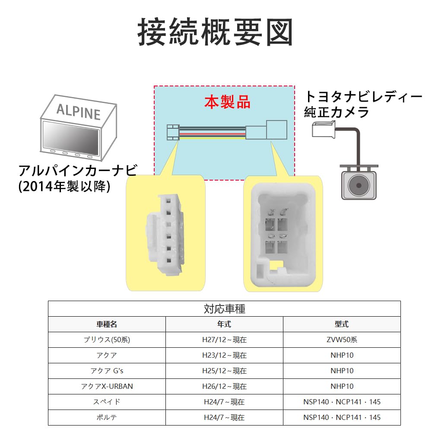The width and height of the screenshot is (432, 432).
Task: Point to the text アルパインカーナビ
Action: [78, 170]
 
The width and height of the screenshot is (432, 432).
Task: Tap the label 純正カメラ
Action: [337, 112]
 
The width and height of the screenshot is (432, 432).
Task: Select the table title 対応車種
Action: [224, 309]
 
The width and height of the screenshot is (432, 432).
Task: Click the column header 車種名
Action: [107, 324]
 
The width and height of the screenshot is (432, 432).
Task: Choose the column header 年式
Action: [224, 324]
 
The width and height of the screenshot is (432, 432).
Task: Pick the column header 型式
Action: [342, 324]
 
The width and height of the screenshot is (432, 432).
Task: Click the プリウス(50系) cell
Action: [107, 340]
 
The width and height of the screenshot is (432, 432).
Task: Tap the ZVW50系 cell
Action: [342, 340]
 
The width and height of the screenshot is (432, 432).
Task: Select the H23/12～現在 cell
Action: [224, 356]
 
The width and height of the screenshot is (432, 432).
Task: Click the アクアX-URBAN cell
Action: [107, 386]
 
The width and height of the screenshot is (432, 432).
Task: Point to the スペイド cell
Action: [107, 402]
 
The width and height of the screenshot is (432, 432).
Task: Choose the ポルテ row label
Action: [107, 417]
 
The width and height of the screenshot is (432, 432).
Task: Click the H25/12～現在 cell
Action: [224, 371]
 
